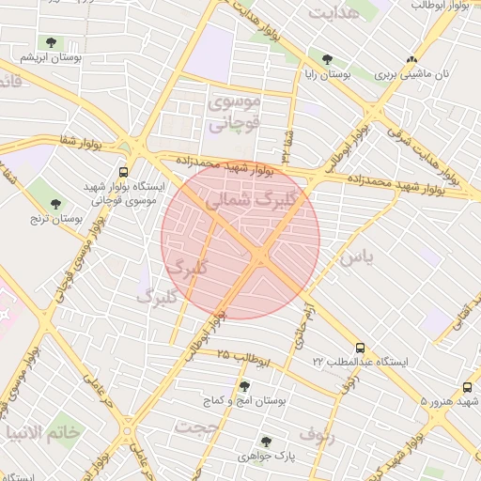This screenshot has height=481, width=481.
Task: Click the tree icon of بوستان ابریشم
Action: tap(51, 42)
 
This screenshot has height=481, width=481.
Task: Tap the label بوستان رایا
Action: tap(328, 73)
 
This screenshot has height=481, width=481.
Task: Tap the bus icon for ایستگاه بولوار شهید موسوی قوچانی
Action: tap(123, 172)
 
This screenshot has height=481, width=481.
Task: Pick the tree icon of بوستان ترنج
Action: tap(55, 203)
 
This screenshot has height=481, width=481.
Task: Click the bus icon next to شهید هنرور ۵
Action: tap(468, 387)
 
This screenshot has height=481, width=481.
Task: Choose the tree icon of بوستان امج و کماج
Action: tap(244, 386)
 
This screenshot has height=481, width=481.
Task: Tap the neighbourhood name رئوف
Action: tap(316, 434)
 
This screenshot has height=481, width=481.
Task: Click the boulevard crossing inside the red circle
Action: tap(260, 255)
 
